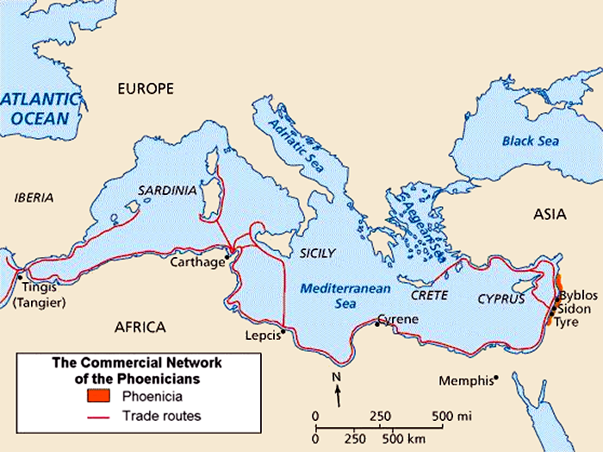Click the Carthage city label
pyautogui.click(x=197, y=261)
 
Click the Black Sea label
pyautogui.click(x=531, y=140)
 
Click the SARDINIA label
pyautogui.click(x=168, y=190)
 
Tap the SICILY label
pyautogui.click(x=316, y=253)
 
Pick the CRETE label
pyautogui.click(x=429, y=295)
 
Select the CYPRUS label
pyautogui.click(x=500, y=298)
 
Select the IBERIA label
pyautogui.click(x=34, y=197)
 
